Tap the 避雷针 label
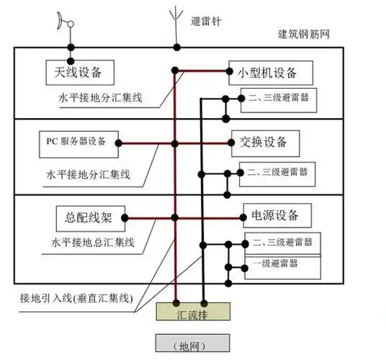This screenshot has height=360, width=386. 207,22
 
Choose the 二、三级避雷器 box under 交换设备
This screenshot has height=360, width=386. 277,172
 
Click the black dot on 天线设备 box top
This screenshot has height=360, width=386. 70,60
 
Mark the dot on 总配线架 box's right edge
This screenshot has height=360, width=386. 125,216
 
